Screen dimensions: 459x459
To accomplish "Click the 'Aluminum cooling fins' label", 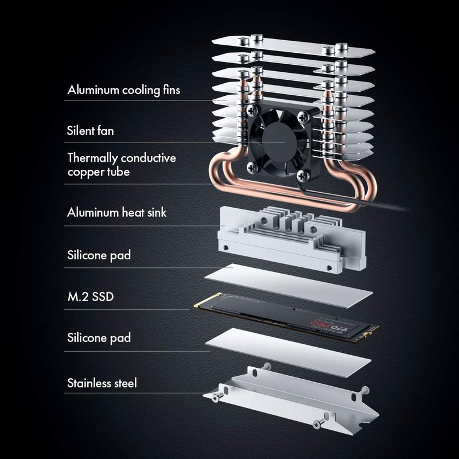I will click(x=123, y=90).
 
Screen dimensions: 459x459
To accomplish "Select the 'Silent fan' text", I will click(x=90, y=131).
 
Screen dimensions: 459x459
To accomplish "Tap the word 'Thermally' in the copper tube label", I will click(x=92, y=158).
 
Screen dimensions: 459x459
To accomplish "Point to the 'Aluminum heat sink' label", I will click(x=116, y=212).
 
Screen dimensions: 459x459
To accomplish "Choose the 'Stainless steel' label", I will click(x=102, y=383).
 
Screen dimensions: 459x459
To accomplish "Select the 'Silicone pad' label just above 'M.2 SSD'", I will click(x=99, y=255).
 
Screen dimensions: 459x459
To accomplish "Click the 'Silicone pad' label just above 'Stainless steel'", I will click(x=99, y=338).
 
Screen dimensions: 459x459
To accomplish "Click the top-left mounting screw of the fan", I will click(x=252, y=110).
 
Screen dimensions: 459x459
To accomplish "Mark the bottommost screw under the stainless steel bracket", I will click(x=318, y=424).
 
